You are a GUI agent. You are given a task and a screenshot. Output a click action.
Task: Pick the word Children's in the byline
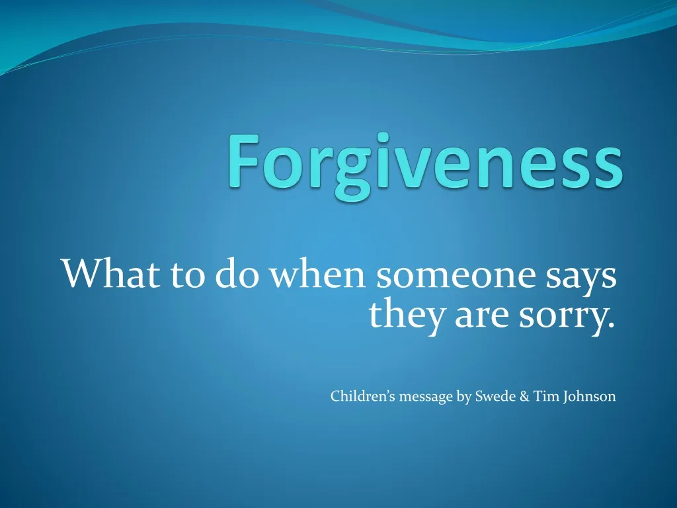(x=363, y=397)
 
